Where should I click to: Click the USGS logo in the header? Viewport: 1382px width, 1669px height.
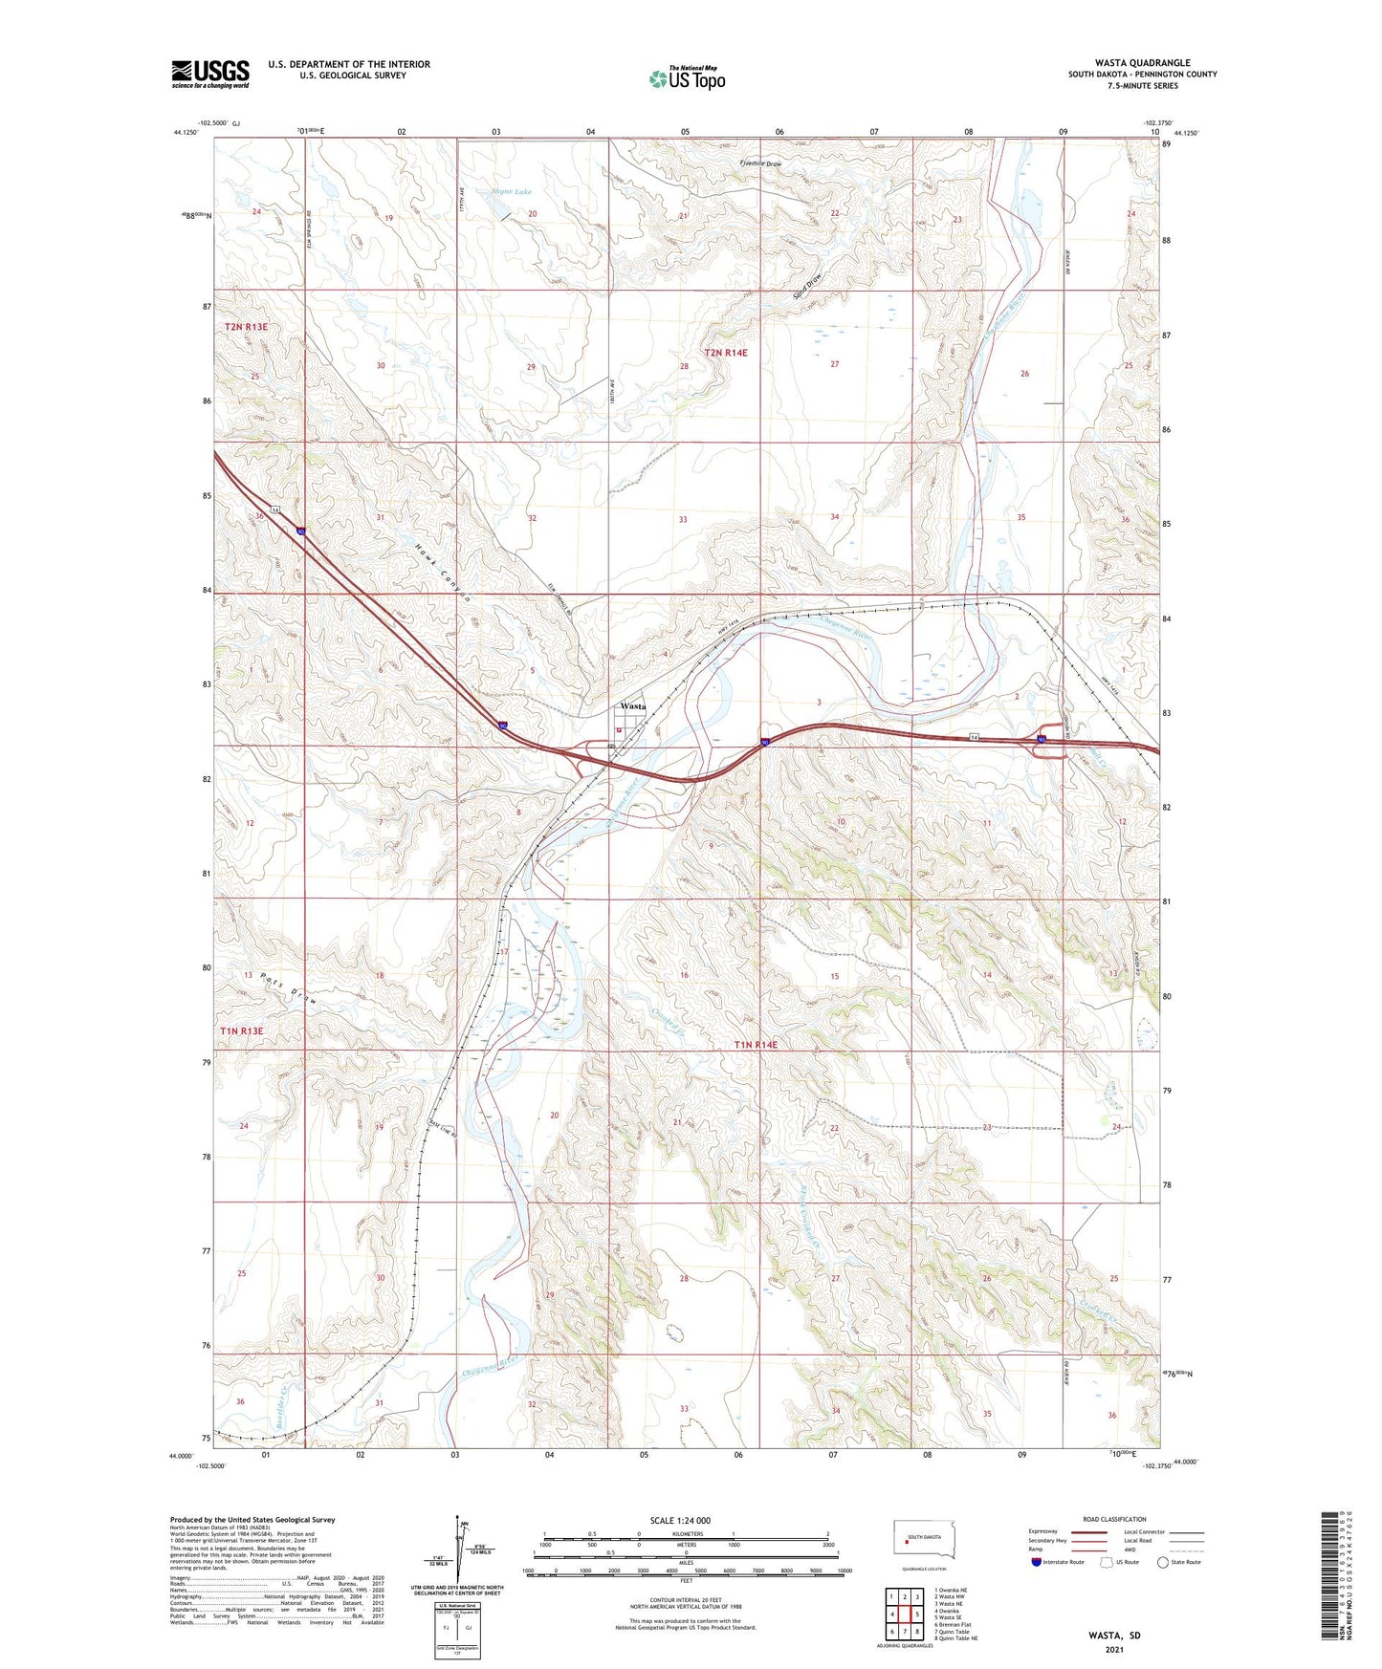click(209, 74)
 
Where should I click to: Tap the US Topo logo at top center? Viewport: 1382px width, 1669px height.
click(687, 78)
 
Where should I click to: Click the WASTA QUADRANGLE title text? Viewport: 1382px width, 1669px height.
click(1143, 62)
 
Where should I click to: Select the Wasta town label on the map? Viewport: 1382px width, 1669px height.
click(632, 705)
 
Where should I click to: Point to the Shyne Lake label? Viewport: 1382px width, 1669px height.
click(511, 192)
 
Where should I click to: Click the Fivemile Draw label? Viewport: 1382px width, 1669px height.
click(760, 164)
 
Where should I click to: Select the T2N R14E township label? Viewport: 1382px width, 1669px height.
click(725, 353)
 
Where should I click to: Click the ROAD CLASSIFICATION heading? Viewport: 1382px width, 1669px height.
click(1114, 1519)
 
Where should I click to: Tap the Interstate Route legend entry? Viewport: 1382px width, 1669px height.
click(1059, 1562)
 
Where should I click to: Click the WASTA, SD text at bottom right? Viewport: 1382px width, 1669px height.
click(1114, 1635)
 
